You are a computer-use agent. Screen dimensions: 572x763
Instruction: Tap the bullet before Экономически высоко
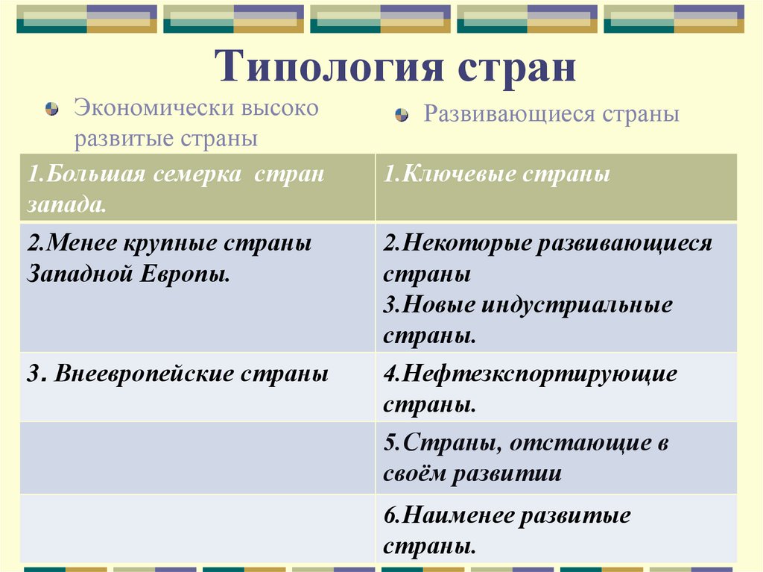(51, 109)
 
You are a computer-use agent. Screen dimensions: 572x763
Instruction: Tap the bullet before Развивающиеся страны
(402, 116)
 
